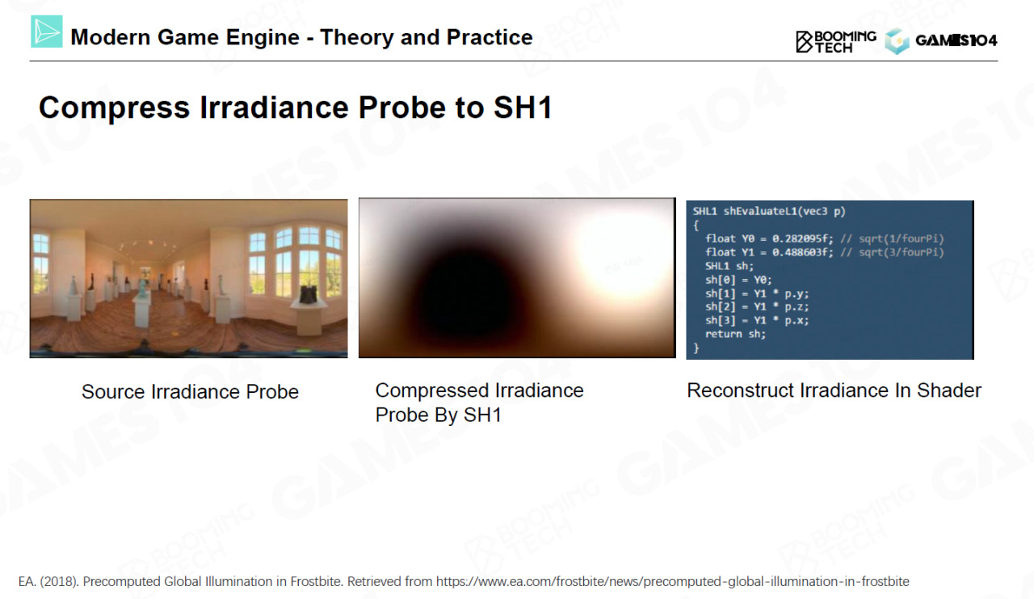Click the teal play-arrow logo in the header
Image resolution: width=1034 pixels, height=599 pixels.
pos(47,32)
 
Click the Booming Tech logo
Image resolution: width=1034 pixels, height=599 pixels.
pos(836,41)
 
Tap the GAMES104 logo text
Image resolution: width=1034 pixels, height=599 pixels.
pos(956,40)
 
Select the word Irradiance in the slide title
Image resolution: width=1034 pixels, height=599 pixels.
pos(274,108)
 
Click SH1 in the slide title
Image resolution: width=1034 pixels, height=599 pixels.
pos(523,108)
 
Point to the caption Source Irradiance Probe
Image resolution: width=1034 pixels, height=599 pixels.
pos(190,391)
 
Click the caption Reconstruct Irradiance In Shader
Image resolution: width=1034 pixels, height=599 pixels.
pos(834,390)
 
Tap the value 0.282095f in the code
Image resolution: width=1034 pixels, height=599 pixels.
pos(803,238)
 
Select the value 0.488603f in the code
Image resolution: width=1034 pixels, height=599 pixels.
pos(803,253)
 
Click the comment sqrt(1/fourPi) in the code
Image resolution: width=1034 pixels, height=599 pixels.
pos(901,238)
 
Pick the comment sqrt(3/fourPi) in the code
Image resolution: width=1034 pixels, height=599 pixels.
pos(901,253)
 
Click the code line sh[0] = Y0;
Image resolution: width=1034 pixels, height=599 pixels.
pos(738,280)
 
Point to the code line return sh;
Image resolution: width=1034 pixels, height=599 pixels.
pos(735,334)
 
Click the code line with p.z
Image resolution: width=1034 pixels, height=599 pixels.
pos(757,306)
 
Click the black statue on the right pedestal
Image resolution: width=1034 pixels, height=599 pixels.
pos(310,293)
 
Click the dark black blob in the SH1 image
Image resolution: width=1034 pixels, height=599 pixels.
pos(466,296)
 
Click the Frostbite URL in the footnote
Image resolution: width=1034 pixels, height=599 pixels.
pos(673,581)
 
